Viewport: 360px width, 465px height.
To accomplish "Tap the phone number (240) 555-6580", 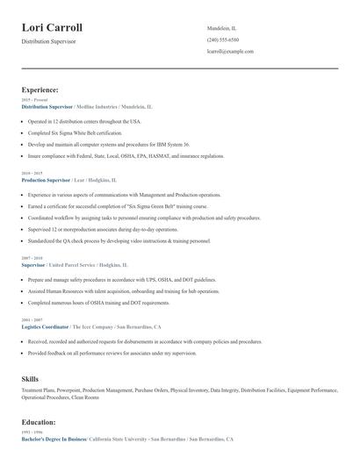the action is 222,40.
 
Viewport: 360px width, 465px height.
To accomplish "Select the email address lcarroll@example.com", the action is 230,52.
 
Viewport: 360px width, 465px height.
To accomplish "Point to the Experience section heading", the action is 40,89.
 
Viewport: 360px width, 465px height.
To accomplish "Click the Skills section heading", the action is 30,378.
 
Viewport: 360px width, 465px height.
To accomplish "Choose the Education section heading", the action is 40,421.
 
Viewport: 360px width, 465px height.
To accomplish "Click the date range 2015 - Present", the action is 35,100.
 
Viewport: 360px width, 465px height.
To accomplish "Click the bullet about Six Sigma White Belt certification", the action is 82,132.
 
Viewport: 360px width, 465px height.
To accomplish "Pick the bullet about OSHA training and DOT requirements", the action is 97,302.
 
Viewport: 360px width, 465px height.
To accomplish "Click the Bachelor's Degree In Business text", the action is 54,438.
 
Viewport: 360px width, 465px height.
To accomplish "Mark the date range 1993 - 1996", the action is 31,432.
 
